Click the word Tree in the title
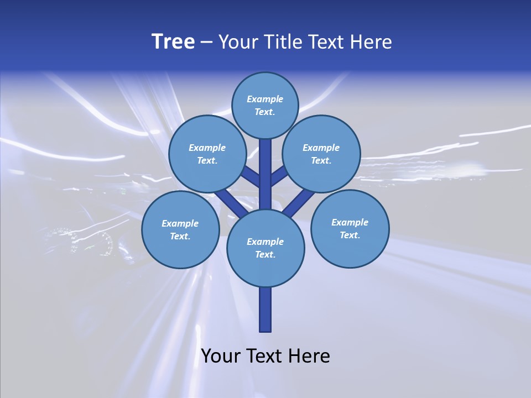[x=173, y=42]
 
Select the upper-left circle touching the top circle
[x=207, y=154]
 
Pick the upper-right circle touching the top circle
[x=321, y=154]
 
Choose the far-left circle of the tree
[x=180, y=229]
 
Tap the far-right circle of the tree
[x=350, y=228]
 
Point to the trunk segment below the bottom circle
[x=265, y=310]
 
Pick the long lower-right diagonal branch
[x=299, y=202]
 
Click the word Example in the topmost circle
[x=265, y=99]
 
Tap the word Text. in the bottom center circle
[x=265, y=255]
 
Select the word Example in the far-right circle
[x=350, y=222]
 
